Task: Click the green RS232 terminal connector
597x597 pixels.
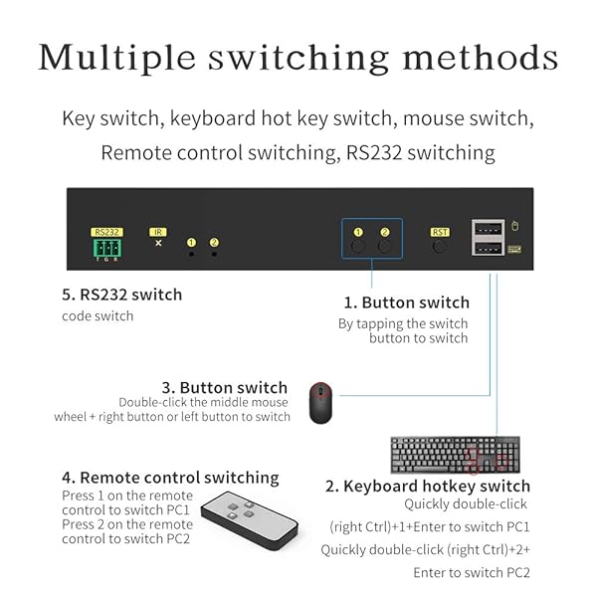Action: coord(107,248)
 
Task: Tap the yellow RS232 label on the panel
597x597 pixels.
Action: coord(106,232)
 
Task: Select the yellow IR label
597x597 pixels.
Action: coord(158,232)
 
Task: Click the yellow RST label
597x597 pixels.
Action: coord(440,232)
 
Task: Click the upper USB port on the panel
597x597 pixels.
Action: coord(489,229)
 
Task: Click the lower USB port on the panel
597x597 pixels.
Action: coord(489,248)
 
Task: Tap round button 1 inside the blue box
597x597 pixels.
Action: coord(358,247)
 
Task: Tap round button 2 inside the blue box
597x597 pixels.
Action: coord(384,247)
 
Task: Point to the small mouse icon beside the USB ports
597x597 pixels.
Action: coord(514,226)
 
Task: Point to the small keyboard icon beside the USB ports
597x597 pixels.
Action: coord(514,250)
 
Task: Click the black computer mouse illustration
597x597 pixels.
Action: coord(320,403)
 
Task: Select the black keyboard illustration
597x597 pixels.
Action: coord(456,455)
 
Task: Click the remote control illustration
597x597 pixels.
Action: coord(250,520)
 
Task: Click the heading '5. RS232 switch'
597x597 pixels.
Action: coord(121,295)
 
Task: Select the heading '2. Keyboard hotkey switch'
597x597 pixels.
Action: coord(428,487)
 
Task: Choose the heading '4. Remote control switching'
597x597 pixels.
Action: coord(170,478)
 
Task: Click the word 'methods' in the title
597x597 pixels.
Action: coord(481,58)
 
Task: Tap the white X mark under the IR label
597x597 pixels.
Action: coord(158,243)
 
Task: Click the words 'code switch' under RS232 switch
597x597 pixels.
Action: coord(98,316)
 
